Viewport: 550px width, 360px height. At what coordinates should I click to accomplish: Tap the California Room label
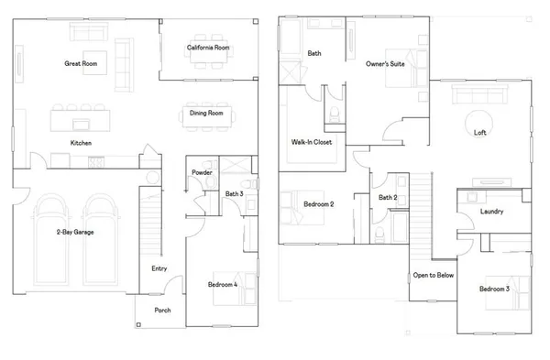[x=208, y=47]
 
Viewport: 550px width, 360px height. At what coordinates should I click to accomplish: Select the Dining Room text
[x=207, y=114]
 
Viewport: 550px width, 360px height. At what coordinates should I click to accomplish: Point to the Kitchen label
[x=82, y=143]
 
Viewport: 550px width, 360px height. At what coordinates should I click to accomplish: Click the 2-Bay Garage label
[x=73, y=232]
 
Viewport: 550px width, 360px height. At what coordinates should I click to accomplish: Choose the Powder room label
[x=202, y=173]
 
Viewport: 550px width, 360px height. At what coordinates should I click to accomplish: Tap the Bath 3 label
[x=233, y=193]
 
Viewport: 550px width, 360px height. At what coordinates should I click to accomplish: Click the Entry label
[x=159, y=268]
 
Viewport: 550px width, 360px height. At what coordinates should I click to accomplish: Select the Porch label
[x=162, y=310]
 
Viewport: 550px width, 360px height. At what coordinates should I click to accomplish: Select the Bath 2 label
[x=388, y=197]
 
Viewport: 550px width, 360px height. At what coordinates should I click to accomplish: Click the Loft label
[x=479, y=133]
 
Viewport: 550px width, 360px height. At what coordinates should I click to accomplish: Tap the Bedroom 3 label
[x=494, y=289]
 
